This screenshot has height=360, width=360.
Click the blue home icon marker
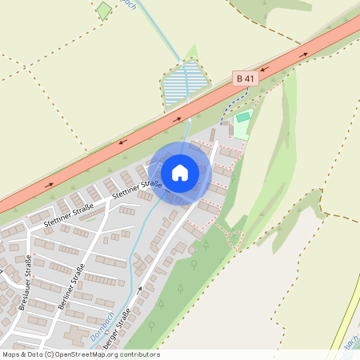coord(180,172)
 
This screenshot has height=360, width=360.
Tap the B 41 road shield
coord(246,78)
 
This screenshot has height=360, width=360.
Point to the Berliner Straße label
coord(71,287)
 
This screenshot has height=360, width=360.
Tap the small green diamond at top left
coord(104,11)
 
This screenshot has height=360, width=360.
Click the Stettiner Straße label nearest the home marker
coord(138,190)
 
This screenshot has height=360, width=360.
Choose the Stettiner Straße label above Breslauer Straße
coord(69,217)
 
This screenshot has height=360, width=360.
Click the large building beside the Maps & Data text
coord(76,335)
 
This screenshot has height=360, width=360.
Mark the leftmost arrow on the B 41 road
coord(50,185)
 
